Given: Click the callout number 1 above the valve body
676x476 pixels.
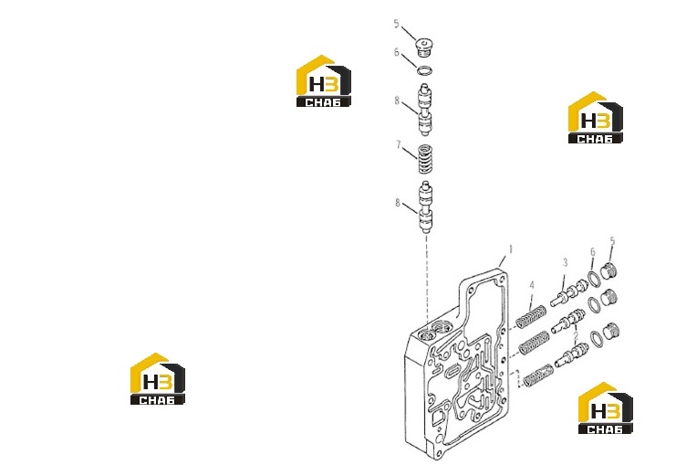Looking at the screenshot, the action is tap(511, 249).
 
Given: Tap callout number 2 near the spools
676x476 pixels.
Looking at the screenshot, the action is tap(576, 335).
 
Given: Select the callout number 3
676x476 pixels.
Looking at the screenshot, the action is tap(565, 262).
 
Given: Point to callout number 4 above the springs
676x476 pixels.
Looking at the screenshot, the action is tap(532, 285).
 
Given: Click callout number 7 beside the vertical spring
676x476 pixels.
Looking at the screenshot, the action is tap(399, 144).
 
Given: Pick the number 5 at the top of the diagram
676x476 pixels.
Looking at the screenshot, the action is tap(396, 24).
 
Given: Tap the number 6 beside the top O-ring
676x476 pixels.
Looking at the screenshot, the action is tap(397, 52).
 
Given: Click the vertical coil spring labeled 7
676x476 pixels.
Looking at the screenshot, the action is tap(426, 159).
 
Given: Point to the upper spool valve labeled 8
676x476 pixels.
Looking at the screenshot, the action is tap(424, 110).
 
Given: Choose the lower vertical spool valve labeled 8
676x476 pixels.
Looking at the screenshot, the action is tap(425, 207).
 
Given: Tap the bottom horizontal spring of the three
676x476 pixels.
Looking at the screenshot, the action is tap(538, 375).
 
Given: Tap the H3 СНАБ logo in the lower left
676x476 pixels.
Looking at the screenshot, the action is tap(158, 379).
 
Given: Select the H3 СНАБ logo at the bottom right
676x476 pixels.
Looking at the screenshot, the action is tap(606, 408).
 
